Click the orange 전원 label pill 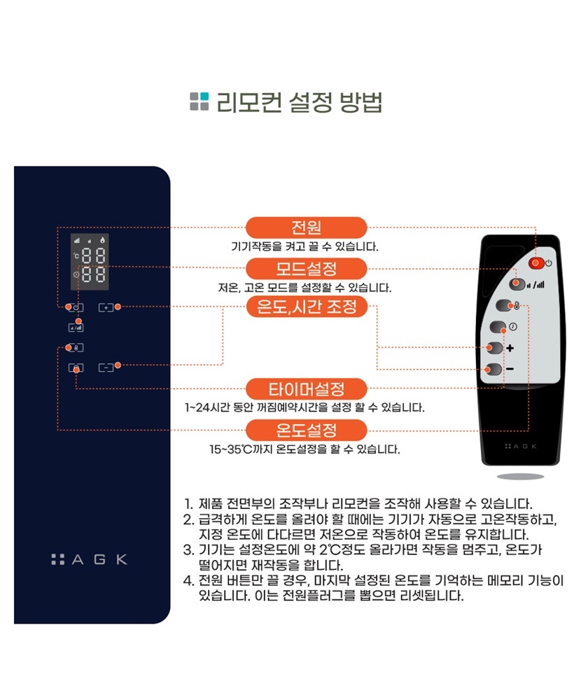pos(307,227)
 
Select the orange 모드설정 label pos(307,269)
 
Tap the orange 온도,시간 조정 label pos(307,307)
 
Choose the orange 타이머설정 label pos(307,388)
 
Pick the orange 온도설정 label pos(307,430)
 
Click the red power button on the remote pos(536,263)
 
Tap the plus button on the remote pos(495,348)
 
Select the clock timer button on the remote pos(498,327)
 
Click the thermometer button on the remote pos(505,306)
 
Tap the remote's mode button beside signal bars pos(517,284)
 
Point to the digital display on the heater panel pos(90,262)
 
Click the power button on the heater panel pos(76,307)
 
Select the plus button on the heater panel pos(106,307)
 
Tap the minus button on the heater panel pos(106,367)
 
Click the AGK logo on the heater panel pos(90,559)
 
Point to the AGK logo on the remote pos(521,446)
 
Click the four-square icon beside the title pos(199,101)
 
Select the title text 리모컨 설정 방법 pos(299,102)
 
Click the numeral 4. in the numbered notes pos(188,580)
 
